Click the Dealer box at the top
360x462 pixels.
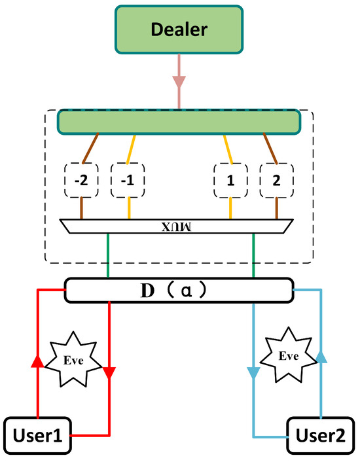pos(179,30)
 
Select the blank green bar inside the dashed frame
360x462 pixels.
pos(179,122)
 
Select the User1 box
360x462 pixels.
pos(37,435)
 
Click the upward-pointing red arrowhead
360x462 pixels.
pos(38,363)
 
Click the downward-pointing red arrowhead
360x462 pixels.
pos(109,372)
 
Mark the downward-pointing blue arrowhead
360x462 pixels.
pos(253,373)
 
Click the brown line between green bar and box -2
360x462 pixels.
pos(90,147)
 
